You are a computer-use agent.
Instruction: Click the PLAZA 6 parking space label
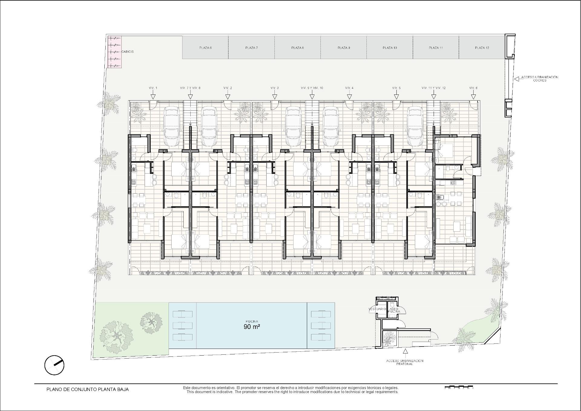point(205,48)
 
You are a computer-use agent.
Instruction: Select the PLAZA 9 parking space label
point(344,48)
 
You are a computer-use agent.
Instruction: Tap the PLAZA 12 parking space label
point(482,48)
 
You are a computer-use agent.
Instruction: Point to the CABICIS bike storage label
point(127,52)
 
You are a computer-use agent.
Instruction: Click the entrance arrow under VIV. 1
point(153,97)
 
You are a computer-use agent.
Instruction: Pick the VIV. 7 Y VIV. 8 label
point(190,88)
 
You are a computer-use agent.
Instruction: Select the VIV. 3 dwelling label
point(274,88)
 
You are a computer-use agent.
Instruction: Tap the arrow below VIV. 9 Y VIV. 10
point(312,97)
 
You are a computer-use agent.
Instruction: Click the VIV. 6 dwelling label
point(473,88)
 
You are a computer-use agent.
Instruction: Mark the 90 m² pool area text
point(252,327)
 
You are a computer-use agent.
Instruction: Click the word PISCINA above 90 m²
point(252,321)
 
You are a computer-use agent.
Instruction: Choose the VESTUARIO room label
point(377,309)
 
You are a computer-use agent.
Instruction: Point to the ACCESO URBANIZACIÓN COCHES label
point(540,79)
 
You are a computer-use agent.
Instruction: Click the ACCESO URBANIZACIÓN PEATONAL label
point(405,362)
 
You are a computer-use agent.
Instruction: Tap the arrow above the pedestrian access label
point(405,351)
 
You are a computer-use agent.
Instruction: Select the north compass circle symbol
point(54,365)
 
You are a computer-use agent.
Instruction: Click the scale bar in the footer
point(459,387)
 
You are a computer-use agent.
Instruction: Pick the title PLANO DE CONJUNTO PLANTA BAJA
point(87,389)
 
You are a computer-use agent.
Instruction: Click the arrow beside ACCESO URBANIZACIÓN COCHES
point(516,79)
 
